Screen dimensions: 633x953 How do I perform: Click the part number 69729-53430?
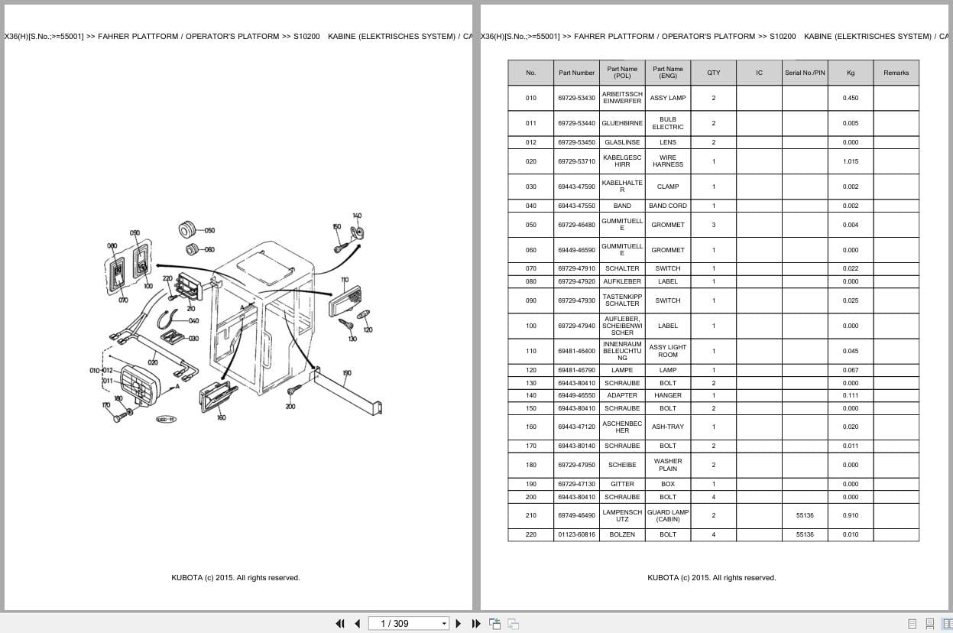tap(576, 98)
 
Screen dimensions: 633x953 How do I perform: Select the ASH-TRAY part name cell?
tap(668, 427)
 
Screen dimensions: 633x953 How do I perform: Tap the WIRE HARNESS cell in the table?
tap(668, 161)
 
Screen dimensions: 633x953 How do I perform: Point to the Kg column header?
tap(851, 73)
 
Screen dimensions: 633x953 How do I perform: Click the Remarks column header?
tap(896, 73)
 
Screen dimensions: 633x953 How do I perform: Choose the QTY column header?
tap(713, 73)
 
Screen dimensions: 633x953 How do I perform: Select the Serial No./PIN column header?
tap(805, 73)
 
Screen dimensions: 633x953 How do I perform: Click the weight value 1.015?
tap(851, 161)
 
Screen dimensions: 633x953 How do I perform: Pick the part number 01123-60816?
tap(576, 534)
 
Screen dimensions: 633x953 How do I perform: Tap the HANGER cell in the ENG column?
tap(668, 395)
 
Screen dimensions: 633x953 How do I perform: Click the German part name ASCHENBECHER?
tap(622, 427)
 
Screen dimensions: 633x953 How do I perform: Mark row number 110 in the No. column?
tap(530, 351)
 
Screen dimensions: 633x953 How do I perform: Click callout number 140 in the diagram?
tap(357, 216)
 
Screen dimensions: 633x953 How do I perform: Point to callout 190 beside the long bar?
tap(347, 373)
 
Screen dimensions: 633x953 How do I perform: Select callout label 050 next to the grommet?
tap(209, 230)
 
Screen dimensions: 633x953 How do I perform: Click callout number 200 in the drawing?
tap(290, 406)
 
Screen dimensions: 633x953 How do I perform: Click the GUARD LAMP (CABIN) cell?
tap(668, 515)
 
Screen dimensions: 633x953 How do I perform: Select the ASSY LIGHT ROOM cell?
tap(668, 351)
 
